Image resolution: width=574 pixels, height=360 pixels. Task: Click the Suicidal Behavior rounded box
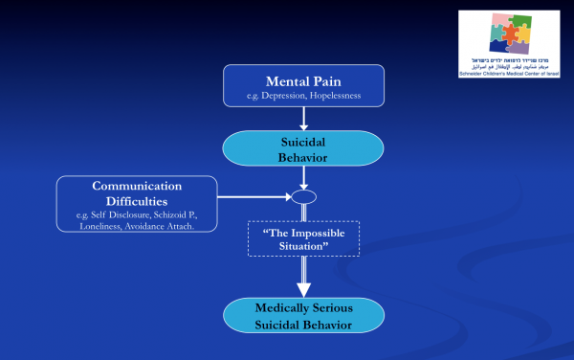[303, 147]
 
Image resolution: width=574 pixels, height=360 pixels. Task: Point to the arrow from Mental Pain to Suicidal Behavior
[303, 118]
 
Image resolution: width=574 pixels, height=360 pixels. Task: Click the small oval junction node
[303, 198]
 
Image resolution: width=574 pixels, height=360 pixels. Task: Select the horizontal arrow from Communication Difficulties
[253, 198]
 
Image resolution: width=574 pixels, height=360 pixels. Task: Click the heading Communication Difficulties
[137, 194]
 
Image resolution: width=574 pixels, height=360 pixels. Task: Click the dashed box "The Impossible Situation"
[303, 236]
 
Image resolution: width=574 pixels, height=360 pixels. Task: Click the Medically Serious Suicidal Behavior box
[303, 316]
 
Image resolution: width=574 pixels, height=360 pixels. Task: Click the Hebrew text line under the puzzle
[511, 60]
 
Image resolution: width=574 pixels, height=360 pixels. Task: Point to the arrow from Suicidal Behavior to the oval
[303, 179]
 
